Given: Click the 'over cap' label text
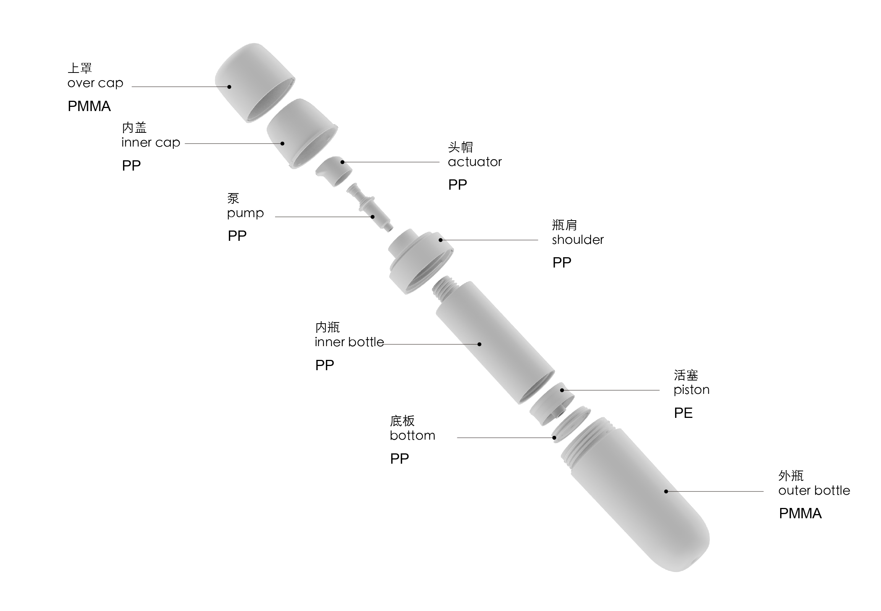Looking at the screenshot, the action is point(95,83).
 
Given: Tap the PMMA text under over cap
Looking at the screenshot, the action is point(89,106).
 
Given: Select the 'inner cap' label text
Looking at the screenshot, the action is point(151,142).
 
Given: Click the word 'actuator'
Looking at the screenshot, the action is point(475,162).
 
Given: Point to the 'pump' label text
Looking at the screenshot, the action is point(245,213).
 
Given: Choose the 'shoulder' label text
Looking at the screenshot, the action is point(578,240).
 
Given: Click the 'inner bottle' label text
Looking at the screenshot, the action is point(349,342).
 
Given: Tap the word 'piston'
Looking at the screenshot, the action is point(692,390).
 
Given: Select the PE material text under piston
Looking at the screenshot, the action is point(683,413).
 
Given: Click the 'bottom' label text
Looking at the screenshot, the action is point(412,436).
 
